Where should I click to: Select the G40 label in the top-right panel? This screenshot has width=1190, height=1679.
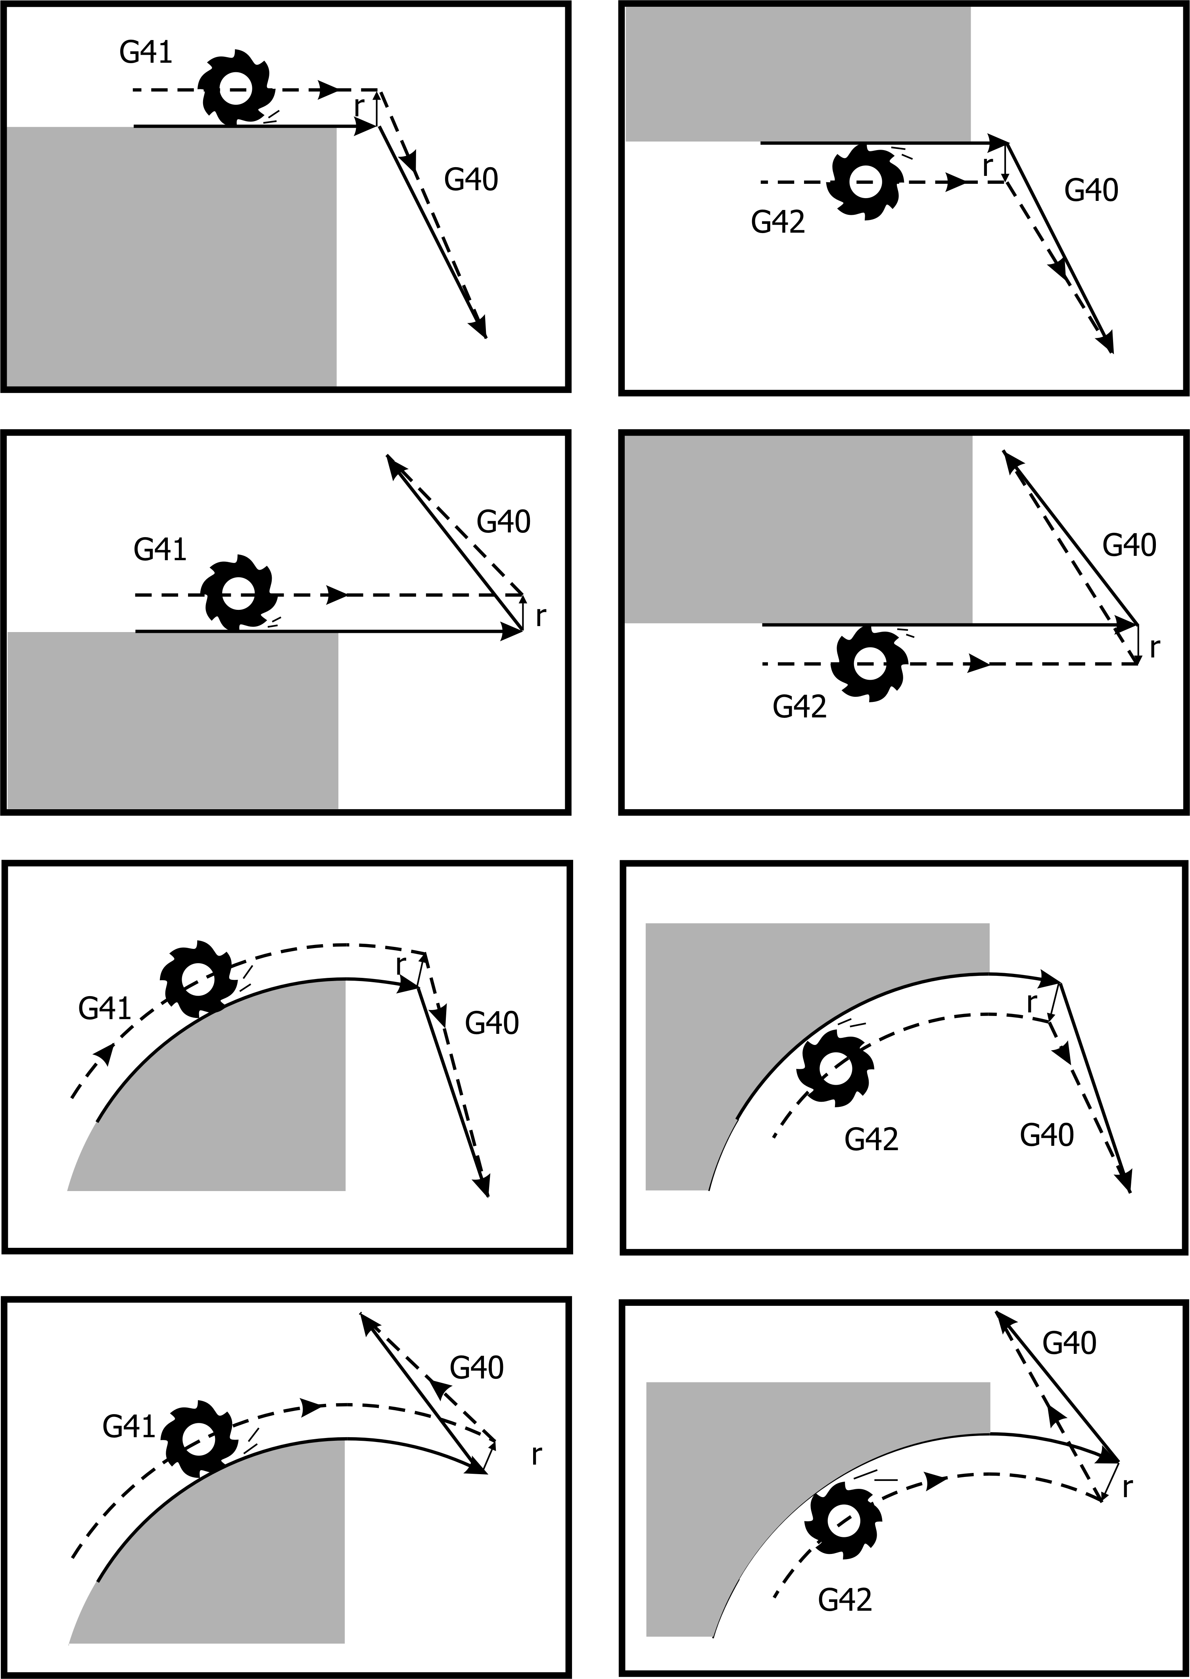[x=1091, y=191]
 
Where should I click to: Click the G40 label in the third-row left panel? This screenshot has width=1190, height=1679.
[x=492, y=1023]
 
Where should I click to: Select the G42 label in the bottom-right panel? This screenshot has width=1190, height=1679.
[x=845, y=1595]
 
